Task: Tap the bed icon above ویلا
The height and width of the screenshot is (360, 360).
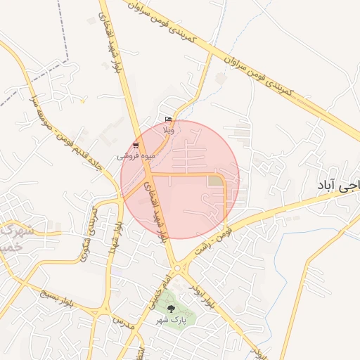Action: tap(167, 120)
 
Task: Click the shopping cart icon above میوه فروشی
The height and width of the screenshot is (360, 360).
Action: tap(136, 146)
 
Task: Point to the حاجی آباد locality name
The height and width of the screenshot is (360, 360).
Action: tap(337, 186)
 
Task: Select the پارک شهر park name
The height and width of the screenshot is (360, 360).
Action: tap(172, 320)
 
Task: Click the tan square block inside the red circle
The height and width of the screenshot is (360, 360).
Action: tap(214, 181)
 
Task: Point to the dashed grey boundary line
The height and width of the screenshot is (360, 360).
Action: tap(42, 77)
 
